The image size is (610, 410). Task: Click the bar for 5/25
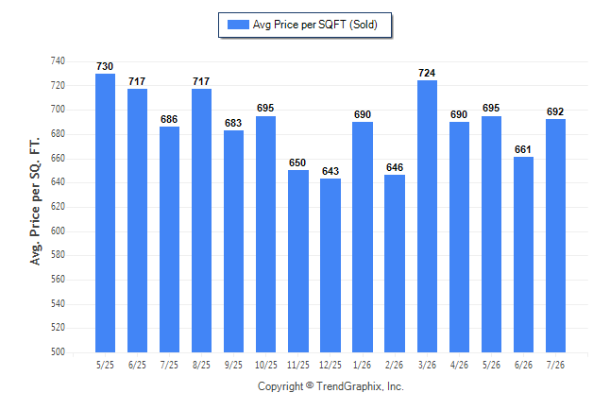[105, 213]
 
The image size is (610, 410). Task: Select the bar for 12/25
[330, 265]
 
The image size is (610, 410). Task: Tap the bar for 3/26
[427, 216]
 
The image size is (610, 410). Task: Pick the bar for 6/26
[523, 255]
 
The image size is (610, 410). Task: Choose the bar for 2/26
[395, 264]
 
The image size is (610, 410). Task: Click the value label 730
[105, 66]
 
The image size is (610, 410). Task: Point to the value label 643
[330, 171]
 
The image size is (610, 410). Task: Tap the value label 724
[427, 73]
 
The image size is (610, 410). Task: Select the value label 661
[523, 149]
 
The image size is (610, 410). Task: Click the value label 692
[555, 111]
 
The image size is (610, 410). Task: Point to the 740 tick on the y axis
[58, 61]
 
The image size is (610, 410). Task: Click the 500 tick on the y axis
[58, 352]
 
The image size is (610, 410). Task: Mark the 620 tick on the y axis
[58, 206]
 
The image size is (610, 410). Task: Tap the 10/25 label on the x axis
[266, 365]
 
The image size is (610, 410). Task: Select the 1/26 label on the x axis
[363, 365]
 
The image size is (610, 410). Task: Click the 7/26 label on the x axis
[555, 365]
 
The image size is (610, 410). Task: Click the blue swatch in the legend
[238, 25]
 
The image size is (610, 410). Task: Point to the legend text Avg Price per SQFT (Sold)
[315, 25]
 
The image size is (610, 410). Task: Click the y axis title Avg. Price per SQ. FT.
[35, 201]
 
